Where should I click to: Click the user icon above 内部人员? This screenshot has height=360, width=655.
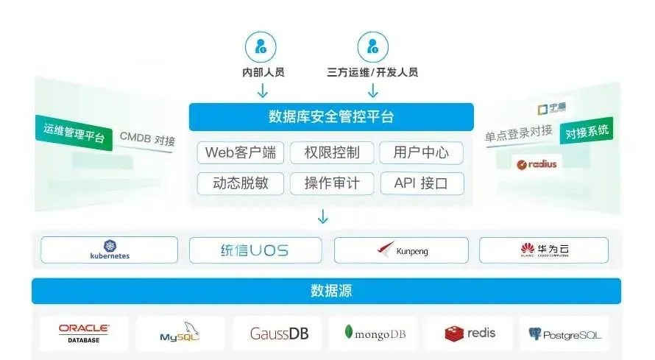(261, 47)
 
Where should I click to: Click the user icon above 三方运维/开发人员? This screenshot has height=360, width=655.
(372, 47)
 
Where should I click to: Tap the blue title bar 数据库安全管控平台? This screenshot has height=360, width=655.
(331, 117)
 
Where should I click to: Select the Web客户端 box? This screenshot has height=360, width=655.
(240, 153)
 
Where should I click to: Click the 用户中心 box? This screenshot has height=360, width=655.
(422, 153)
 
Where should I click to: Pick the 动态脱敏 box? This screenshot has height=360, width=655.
(240, 183)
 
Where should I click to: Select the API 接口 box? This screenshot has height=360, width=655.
(422, 183)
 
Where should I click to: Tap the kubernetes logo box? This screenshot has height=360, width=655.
(109, 250)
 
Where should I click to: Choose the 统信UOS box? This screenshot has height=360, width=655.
(255, 250)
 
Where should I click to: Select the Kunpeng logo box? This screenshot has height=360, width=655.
(402, 250)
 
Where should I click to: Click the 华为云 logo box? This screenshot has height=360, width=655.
(544, 250)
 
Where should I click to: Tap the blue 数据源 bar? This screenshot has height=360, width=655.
(326, 291)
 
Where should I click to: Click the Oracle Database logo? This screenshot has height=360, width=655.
(84, 333)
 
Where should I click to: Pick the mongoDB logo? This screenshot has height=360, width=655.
(374, 333)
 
